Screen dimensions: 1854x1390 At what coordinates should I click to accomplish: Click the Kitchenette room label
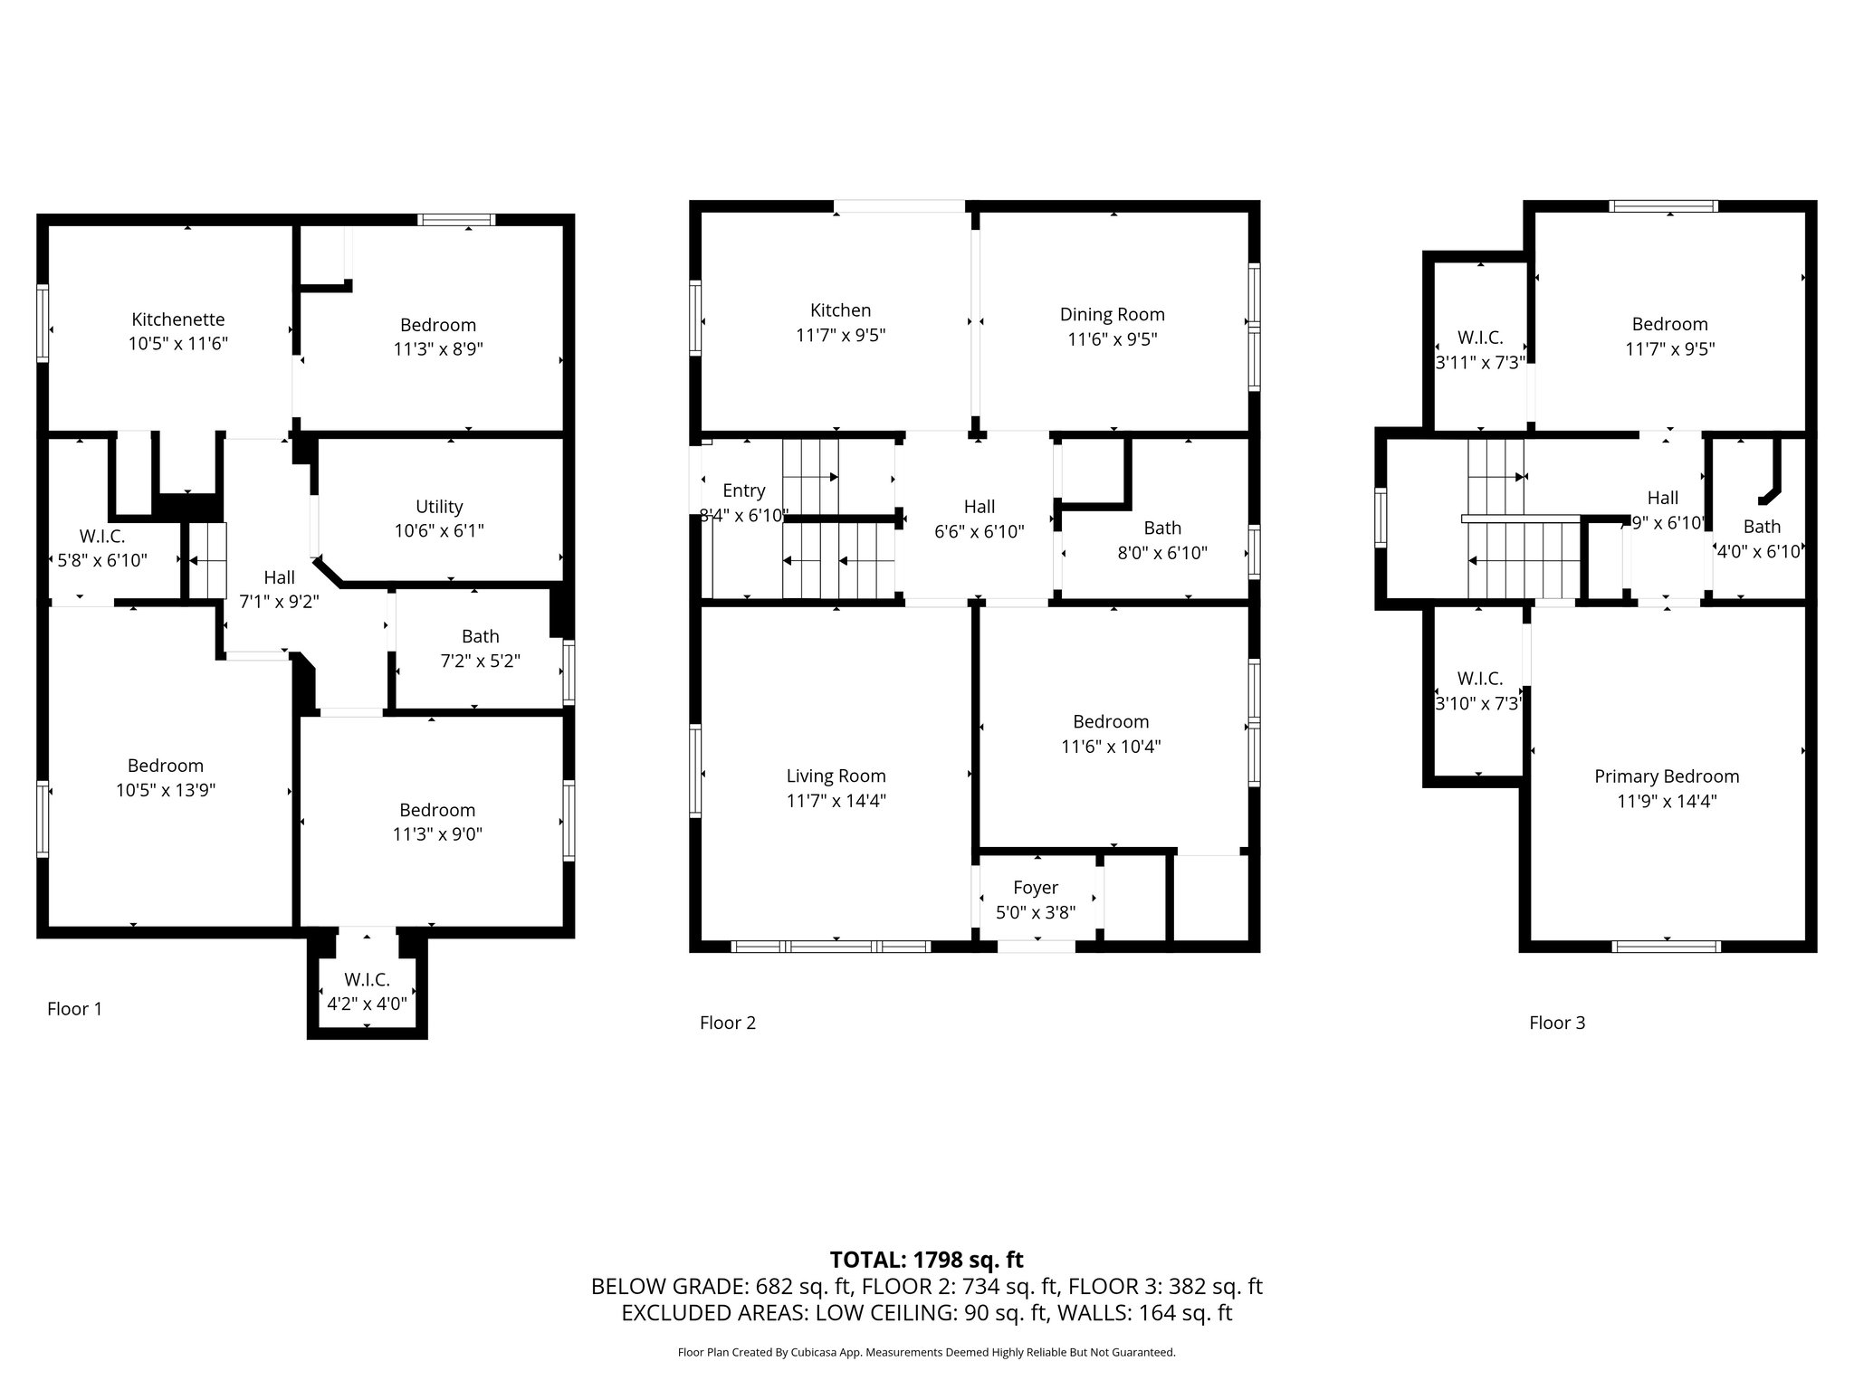point(178,319)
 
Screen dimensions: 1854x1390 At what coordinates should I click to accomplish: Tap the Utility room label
point(439,507)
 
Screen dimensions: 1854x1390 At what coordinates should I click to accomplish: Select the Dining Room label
point(1113,314)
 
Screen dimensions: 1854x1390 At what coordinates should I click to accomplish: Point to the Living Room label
point(836,776)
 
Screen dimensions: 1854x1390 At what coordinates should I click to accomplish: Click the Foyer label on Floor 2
point(1036,888)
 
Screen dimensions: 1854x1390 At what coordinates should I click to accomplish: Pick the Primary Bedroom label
point(1667,776)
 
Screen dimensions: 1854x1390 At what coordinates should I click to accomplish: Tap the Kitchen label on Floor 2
point(840,310)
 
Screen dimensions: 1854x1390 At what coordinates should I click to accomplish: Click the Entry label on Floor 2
point(744,490)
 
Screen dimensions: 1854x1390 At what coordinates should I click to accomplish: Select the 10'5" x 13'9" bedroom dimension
point(166,790)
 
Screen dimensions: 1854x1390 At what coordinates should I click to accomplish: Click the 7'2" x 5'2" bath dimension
point(480,662)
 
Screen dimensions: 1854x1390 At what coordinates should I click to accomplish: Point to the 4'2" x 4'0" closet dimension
point(367,1004)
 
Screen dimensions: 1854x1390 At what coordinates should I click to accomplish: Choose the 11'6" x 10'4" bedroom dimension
point(1111,747)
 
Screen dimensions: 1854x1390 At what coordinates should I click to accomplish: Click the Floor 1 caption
point(74,1009)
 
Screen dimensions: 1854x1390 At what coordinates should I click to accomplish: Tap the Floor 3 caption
point(1557,1023)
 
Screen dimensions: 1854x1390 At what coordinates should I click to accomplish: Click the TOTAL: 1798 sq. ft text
point(927,1259)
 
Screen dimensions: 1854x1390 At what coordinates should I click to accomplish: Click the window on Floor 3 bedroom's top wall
point(1664,205)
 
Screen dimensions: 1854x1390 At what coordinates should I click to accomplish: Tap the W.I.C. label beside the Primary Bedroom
point(1480,679)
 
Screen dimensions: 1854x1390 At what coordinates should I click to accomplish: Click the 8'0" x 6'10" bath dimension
point(1162,553)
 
